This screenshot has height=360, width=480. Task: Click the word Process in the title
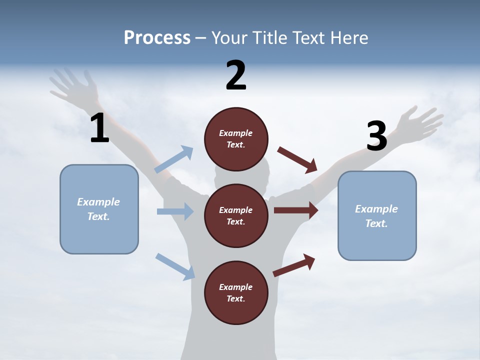pyautogui.click(x=157, y=38)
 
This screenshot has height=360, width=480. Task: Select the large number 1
pyautogui.click(x=99, y=128)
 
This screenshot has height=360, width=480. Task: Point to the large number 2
pyautogui.click(x=236, y=75)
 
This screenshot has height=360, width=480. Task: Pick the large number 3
pyautogui.click(x=376, y=136)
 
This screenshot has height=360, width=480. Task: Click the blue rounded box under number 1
pyautogui.click(x=99, y=209)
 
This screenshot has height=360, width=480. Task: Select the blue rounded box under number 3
pyautogui.click(x=377, y=215)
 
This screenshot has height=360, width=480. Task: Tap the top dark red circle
pyautogui.click(x=236, y=139)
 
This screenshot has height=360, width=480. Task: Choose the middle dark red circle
pyautogui.click(x=236, y=215)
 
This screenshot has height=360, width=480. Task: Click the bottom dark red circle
pyautogui.click(x=236, y=292)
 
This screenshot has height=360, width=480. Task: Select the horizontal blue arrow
pyautogui.click(x=175, y=211)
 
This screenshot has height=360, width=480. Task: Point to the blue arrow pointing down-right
pyautogui.click(x=175, y=266)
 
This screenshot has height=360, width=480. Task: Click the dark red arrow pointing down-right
pyautogui.click(x=297, y=159)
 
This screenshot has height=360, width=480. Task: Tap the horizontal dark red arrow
pyautogui.click(x=296, y=210)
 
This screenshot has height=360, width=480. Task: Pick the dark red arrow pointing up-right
pyautogui.click(x=294, y=265)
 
